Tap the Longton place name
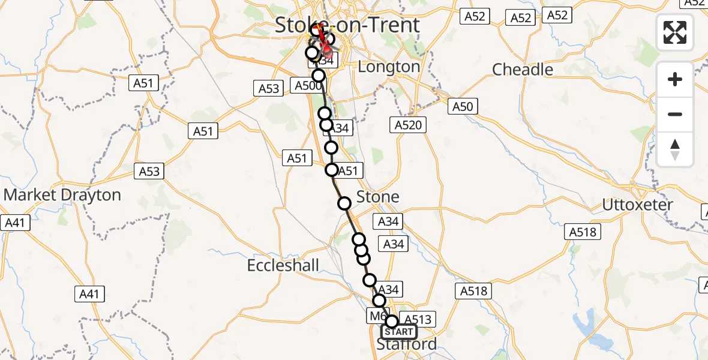click(x=389, y=67)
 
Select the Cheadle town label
click(x=523, y=70)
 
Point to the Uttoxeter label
click(x=638, y=205)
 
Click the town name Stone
click(x=377, y=197)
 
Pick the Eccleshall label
click(x=283, y=265)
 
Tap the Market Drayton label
click(x=62, y=195)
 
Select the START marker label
click(x=399, y=332)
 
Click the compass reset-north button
click(x=675, y=149)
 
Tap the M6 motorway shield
click(x=376, y=316)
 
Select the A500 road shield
click(x=308, y=85)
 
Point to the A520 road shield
click(x=409, y=125)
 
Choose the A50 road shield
click(x=462, y=107)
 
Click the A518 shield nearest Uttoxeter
click(x=583, y=232)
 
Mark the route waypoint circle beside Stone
click(x=344, y=203)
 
